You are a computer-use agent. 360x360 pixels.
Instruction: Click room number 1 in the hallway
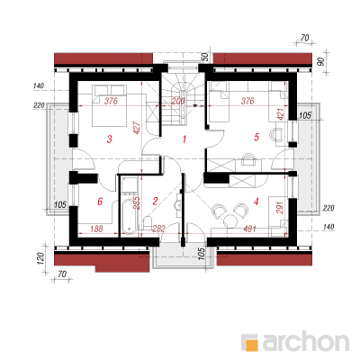(184, 139)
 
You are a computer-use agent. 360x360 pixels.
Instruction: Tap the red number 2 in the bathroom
(155, 201)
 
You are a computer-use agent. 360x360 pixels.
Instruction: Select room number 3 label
(110, 139)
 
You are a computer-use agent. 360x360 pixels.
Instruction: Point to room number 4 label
(256, 202)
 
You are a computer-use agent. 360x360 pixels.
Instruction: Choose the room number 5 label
(256, 137)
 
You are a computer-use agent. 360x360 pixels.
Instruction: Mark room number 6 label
(100, 202)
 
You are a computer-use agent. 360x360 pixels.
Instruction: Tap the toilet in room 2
(148, 224)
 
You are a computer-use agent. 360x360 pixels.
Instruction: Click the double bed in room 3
(109, 105)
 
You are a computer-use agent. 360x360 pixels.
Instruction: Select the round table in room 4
(230, 221)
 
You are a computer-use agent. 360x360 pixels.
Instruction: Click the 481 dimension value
(250, 229)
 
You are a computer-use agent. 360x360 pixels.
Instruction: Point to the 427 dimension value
(136, 128)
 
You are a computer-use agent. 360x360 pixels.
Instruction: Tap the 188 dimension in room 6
(96, 229)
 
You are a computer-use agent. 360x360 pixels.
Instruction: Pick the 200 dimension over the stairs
(178, 102)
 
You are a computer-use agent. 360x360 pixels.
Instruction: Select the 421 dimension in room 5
(280, 113)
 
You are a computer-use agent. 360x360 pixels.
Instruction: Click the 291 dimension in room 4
(280, 207)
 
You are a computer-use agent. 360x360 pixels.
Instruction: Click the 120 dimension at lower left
(41, 257)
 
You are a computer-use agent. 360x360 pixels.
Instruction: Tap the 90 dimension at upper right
(320, 62)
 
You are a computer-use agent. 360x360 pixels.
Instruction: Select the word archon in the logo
(306, 341)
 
